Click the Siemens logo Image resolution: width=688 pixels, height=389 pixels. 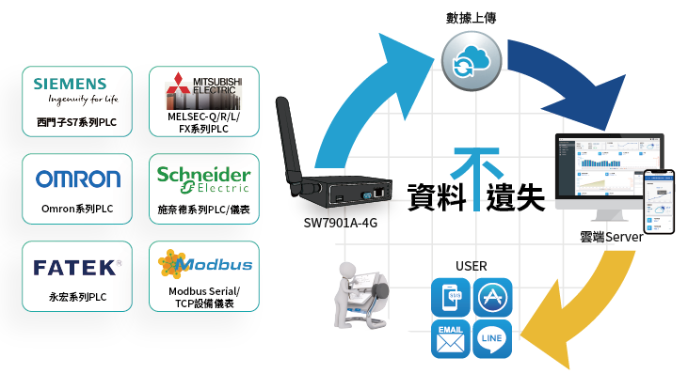point(75,90)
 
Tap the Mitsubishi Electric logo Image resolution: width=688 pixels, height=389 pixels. point(203,91)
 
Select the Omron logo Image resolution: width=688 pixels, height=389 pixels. point(78,179)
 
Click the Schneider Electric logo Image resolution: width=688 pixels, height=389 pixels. point(203,179)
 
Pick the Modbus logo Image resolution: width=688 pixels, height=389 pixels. point(205,264)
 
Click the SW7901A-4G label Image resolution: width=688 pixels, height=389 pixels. point(340,223)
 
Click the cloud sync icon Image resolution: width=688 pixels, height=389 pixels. point(472,61)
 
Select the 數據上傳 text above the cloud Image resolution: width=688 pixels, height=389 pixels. point(471,18)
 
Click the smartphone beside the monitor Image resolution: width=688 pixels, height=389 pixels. point(659,201)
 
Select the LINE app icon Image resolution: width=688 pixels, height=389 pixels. point(492,338)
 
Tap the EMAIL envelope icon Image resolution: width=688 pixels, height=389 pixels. point(451,338)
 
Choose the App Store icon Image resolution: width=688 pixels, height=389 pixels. point(492,297)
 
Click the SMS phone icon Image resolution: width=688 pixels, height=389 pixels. point(451,297)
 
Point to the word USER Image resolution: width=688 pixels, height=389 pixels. point(472,266)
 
